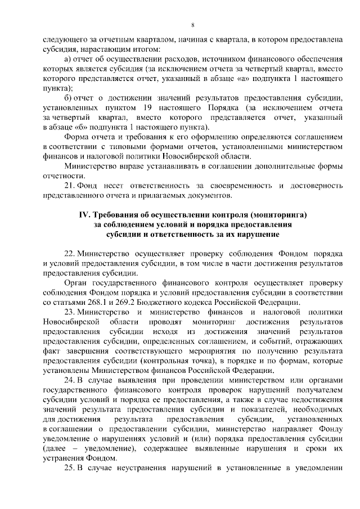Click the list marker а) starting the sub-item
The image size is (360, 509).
pos(69,59)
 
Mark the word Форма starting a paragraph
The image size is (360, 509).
pos(76,137)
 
